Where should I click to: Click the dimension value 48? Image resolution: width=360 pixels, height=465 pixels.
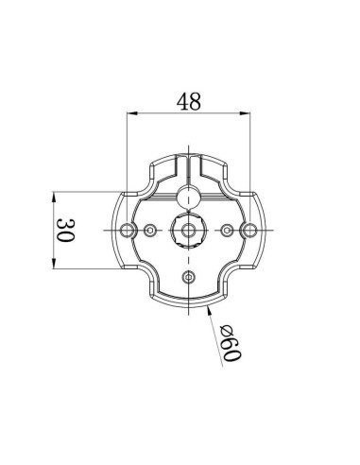tap(189, 102)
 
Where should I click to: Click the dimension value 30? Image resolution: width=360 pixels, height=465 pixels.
tap(64, 231)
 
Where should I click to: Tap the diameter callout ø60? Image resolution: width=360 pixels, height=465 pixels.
tap(230, 342)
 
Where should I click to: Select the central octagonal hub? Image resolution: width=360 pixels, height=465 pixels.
tap(189, 231)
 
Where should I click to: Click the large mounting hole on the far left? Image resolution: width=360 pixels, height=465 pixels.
tap(129, 231)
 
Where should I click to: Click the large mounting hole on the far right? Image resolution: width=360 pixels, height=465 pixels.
tap(249, 231)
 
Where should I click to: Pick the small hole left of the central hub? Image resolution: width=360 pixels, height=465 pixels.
tap(151, 231)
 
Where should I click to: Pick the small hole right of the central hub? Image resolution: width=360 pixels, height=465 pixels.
tap(227, 231)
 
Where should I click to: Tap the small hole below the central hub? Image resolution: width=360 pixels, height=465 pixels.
tap(189, 276)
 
